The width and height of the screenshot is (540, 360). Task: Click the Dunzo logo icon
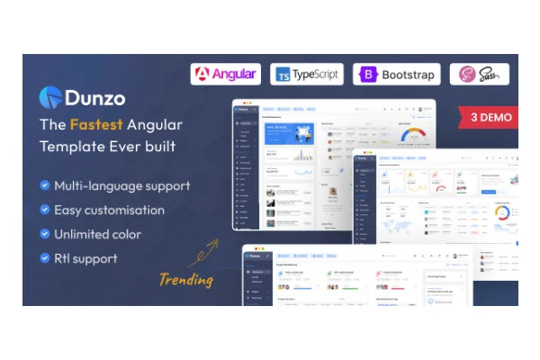(50, 94)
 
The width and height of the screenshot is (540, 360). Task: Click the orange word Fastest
(103, 125)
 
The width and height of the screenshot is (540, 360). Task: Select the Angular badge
(225, 74)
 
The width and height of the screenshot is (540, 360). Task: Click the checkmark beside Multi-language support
(44, 186)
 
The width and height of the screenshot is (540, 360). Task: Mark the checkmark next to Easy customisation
(44, 211)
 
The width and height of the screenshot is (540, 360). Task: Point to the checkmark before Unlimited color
(44, 235)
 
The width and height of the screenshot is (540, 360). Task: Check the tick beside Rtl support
(44, 259)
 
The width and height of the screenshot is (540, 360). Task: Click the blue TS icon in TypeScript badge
(283, 75)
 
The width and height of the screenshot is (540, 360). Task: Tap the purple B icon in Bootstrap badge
(369, 75)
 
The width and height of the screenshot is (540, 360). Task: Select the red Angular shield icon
(203, 74)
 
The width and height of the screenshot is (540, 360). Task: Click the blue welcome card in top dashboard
(289, 134)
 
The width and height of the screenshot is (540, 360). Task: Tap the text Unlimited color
(97, 235)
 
